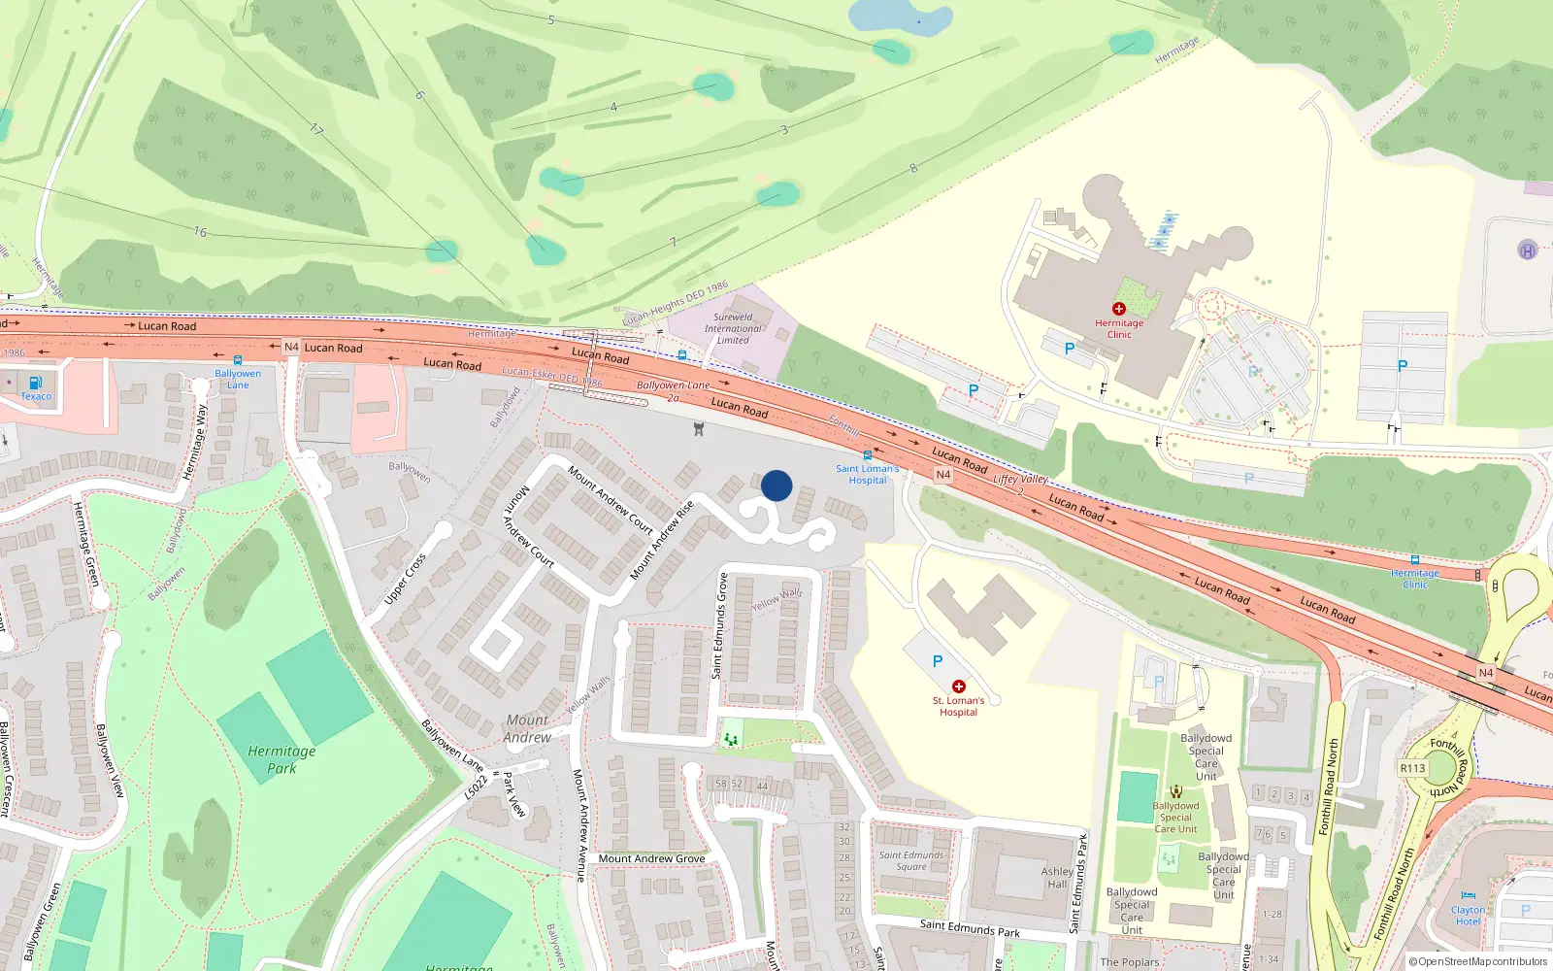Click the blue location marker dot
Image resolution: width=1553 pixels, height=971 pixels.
(x=776, y=485)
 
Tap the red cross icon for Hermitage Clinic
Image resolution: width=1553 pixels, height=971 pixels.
(x=1119, y=309)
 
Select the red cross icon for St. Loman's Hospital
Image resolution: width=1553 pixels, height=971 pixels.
(x=959, y=686)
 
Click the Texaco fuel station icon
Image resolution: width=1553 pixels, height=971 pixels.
(x=36, y=383)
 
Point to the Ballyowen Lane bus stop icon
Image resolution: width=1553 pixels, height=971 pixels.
(x=238, y=360)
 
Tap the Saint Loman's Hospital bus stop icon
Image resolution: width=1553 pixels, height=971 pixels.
(x=868, y=455)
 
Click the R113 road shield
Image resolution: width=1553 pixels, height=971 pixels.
(x=1412, y=768)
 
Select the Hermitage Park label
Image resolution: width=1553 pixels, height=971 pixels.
(x=281, y=759)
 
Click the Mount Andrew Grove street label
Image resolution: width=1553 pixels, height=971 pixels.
(x=651, y=858)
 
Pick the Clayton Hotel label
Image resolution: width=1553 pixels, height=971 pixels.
(x=1468, y=916)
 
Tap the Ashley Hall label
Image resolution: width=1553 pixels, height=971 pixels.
(x=1057, y=878)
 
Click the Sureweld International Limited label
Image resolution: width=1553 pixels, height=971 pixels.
(x=733, y=328)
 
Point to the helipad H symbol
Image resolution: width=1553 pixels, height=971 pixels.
(x=1527, y=251)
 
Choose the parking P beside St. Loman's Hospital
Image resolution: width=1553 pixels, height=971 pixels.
(x=938, y=661)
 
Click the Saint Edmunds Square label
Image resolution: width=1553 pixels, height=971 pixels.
(x=911, y=860)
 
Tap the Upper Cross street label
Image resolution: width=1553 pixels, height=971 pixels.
(x=405, y=579)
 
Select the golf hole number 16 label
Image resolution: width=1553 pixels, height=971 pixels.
(x=200, y=232)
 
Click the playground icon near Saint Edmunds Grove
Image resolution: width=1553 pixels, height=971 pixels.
(x=731, y=740)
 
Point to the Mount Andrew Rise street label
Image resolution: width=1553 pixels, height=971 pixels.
(x=663, y=541)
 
